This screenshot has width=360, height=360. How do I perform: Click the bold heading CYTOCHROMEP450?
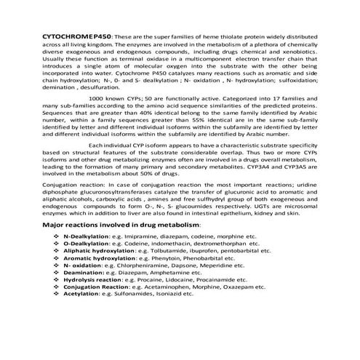(x=64, y=36)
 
